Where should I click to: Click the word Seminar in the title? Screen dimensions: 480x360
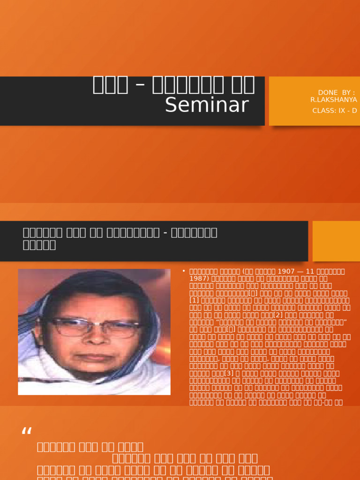(206, 105)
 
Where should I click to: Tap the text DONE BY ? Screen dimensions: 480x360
(336, 92)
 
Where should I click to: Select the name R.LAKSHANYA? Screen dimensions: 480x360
(333, 100)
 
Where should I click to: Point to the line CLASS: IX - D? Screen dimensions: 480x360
(335, 111)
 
